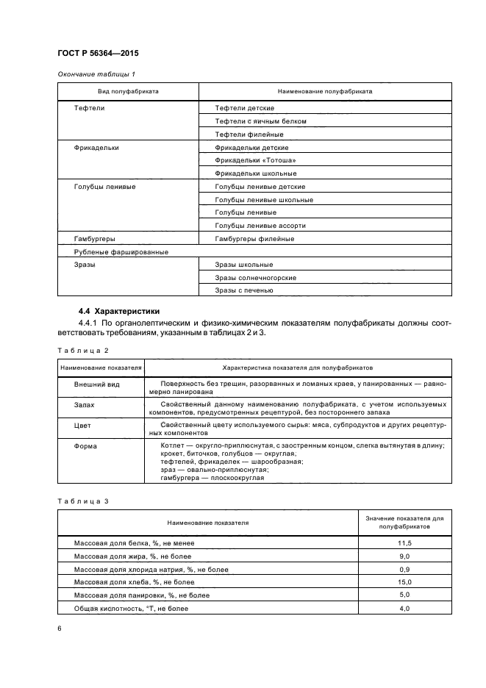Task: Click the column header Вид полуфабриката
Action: point(129,92)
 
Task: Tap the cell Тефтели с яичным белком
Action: point(260,121)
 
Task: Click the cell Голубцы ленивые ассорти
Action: point(260,226)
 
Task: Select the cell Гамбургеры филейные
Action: point(254,239)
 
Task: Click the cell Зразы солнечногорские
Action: point(255,278)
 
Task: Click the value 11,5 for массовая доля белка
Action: point(404,543)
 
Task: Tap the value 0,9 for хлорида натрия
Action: point(404,570)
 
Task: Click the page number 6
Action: point(60,628)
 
